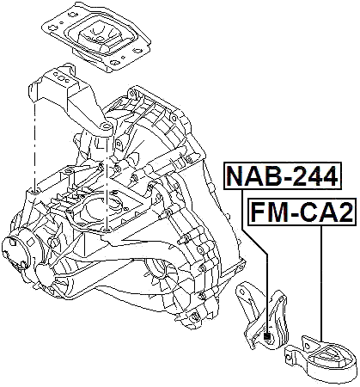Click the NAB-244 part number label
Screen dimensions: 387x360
coord(282,176)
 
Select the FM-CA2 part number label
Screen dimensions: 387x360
coord(301,211)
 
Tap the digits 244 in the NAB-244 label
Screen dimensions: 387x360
coord(311,176)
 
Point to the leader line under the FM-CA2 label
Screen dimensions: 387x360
coord(320,284)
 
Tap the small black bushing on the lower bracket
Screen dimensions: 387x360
coord(268,336)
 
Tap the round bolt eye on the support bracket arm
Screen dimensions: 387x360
coord(105,128)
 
